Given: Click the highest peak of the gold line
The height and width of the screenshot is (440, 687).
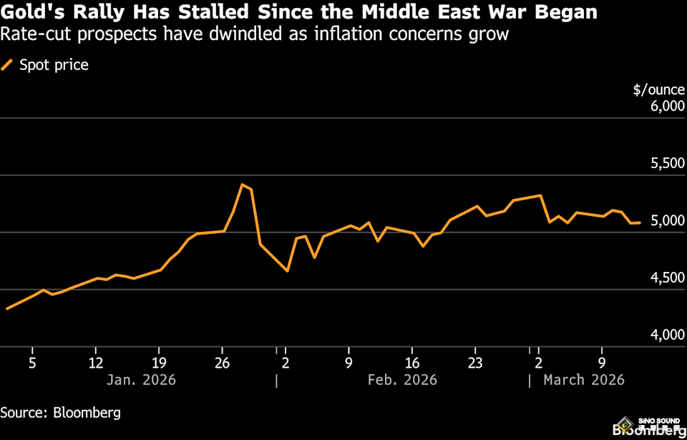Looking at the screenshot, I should (242, 185).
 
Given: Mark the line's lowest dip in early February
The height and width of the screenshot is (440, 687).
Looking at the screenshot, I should (287, 271).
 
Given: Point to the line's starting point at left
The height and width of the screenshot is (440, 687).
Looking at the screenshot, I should (6, 308).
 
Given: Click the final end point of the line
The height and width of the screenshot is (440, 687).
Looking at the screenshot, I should (640, 223).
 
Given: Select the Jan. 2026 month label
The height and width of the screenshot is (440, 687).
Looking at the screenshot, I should (140, 380).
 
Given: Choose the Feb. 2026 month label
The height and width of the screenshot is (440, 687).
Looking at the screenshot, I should (401, 380).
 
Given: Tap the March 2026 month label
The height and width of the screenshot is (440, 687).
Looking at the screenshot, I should (583, 380).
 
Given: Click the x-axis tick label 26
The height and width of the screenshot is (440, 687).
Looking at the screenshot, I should (223, 363).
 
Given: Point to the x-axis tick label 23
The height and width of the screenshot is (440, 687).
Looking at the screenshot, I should (475, 363).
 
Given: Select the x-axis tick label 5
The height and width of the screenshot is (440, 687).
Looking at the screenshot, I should (32, 363).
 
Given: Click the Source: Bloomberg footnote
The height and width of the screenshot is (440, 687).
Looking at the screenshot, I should (60, 413).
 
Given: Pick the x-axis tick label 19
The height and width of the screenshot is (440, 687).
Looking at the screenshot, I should (159, 363).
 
